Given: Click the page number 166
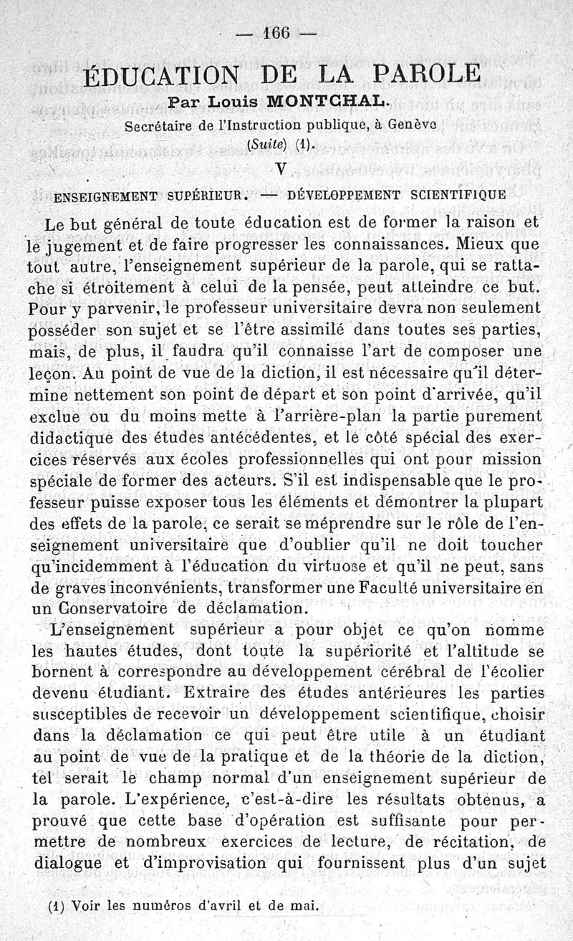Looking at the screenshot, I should click(279, 33).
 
